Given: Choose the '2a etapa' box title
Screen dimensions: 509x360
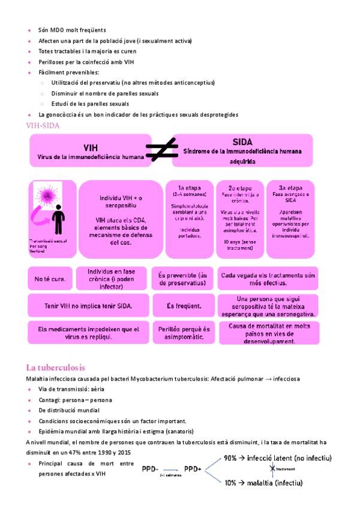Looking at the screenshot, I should coord(240,187).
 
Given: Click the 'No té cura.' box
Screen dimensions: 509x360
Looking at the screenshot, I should coord(50,279).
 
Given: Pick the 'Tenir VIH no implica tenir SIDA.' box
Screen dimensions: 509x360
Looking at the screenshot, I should coord(88,306).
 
